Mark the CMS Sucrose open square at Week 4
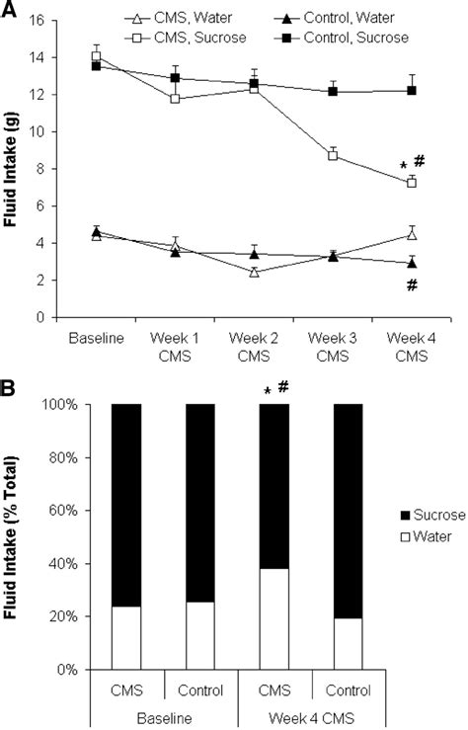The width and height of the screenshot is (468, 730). pos(412,183)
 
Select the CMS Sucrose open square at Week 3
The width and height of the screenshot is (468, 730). pos(333,155)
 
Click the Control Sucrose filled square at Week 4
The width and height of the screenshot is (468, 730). pos(412,90)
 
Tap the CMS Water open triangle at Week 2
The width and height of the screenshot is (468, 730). pos(254,273)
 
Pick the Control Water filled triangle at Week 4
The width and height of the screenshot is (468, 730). pos(412,263)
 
